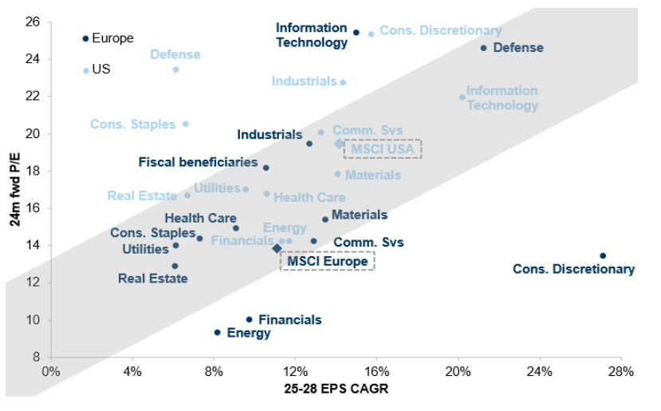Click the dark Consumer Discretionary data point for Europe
click(603, 255)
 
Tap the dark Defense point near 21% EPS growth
click(483, 48)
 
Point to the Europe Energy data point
click(217, 332)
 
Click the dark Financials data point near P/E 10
click(249, 319)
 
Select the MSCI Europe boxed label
click(327, 261)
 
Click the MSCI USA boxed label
click(382, 149)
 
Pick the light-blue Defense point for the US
click(175, 69)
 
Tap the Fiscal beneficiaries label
click(198, 162)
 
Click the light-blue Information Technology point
click(462, 97)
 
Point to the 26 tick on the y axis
click(34, 21)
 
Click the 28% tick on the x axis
click(622, 371)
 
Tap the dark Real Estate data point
click(175, 266)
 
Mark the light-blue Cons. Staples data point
click(186, 124)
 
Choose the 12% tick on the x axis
click(295, 371)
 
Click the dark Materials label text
click(359, 215)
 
